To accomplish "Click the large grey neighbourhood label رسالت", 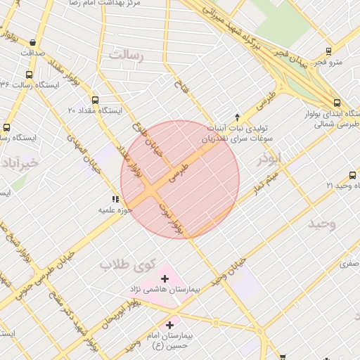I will click(x=127, y=56).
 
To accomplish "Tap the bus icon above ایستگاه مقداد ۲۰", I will click(x=96, y=100).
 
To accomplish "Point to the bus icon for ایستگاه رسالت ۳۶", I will click(x=29, y=75).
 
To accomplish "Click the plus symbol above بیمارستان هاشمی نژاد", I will click(x=165, y=279).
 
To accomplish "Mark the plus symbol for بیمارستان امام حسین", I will click(x=169, y=325).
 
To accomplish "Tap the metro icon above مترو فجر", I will click(x=328, y=51).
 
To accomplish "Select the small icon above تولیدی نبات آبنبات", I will click(x=237, y=117).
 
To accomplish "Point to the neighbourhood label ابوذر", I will click(x=268, y=157).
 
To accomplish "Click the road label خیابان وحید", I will click(x=232, y=270).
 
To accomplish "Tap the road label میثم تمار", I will click(x=268, y=184).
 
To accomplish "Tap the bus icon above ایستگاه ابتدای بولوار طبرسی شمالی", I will click(x=337, y=102).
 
